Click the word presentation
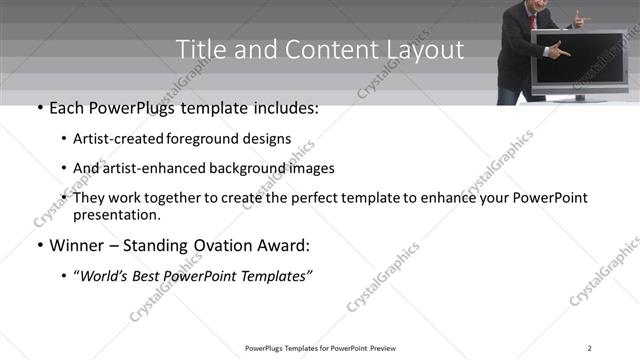pos(116,214)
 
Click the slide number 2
pos(590,348)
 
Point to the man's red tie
pos(534,17)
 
